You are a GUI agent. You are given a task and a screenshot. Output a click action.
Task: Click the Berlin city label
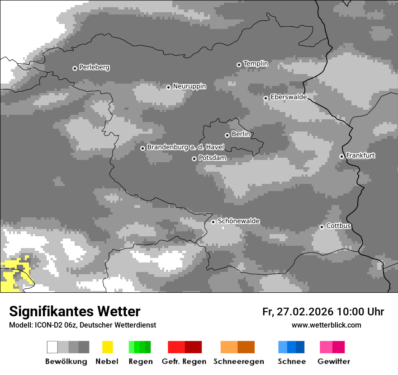click(x=241, y=134)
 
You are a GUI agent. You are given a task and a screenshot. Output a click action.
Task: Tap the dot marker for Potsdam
click(x=194, y=159)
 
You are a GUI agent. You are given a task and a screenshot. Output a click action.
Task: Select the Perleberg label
click(x=94, y=67)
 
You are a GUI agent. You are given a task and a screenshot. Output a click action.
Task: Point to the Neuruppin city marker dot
click(x=168, y=87)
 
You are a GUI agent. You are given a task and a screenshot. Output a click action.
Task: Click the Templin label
click(x=256, y=64)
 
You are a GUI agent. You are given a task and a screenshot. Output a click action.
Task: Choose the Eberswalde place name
click(x=288, y=97)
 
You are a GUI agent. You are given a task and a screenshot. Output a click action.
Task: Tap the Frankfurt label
click(x=360, y=155)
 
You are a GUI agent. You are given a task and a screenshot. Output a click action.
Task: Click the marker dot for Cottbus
click(x=322, y=227)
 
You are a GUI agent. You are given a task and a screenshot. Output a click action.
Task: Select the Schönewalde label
click(x=238, y=221)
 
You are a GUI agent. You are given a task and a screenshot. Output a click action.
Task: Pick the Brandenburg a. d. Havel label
click(x=185, y=147)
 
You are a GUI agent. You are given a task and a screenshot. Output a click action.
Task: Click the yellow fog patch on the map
click(x=14, y=276)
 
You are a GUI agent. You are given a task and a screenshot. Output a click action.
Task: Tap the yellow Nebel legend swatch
click(x=107, y=347)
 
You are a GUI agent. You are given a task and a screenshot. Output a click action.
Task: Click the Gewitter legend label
click(x=333, y=361)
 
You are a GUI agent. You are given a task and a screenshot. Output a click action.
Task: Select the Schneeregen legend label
click(x=238, y=361)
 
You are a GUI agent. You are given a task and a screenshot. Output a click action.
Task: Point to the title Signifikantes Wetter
click(x=75, y=311)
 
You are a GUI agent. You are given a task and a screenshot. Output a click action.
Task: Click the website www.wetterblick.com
click(x=326, y=325)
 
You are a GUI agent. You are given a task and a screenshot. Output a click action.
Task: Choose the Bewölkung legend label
click(x=66, y=361)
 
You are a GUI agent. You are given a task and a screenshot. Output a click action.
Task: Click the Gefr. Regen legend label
click(x=184, y=361)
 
